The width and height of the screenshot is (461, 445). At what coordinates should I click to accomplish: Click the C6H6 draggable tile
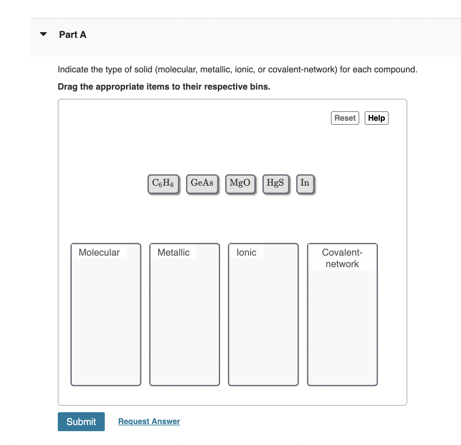click(x=163, y=184)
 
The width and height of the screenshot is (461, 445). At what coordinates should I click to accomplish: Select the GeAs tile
click(x=202, y=184)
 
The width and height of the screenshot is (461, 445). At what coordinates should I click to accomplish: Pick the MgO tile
click(x=240, y=184)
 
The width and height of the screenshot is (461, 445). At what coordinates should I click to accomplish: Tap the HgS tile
click(x=275, y=184)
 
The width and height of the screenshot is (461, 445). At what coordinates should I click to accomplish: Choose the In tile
click(x=305, y=184)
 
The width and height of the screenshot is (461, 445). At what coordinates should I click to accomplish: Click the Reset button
click(x=345, y=118)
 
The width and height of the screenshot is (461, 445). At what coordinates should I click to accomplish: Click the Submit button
click(x=81, y=422)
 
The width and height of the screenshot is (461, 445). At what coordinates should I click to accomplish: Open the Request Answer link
click(x=149, y=421)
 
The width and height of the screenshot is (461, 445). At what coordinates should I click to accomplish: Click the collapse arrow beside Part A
click(x=43, y=34)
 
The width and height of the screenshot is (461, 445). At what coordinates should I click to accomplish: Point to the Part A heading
click(x=73, y=34)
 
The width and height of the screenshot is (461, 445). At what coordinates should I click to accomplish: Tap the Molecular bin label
click(x=99, y=253)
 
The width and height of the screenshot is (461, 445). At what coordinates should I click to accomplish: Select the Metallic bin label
click(x=173, y=253)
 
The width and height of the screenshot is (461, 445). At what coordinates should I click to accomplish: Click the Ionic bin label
click(x=246, y=253)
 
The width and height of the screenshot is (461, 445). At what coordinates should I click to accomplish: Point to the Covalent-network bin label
click(x=342, y=258)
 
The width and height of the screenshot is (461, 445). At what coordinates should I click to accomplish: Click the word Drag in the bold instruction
click(x=68, y=87)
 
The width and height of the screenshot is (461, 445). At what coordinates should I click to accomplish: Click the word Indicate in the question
click(x=73, y=70)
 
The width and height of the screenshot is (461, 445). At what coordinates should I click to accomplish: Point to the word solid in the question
click(x=143, y=70)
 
